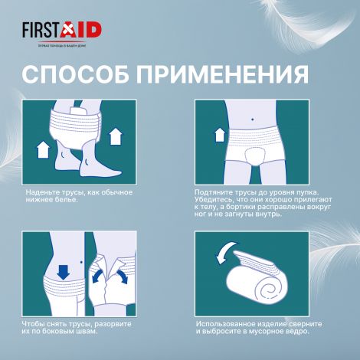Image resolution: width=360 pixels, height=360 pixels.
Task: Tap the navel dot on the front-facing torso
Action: coord(253,119)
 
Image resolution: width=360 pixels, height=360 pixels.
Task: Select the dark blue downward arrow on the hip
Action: coord(64,270)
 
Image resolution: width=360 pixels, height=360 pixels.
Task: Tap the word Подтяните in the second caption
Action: coord(216,191)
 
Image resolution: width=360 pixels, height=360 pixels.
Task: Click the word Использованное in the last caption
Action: coord(227,325)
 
